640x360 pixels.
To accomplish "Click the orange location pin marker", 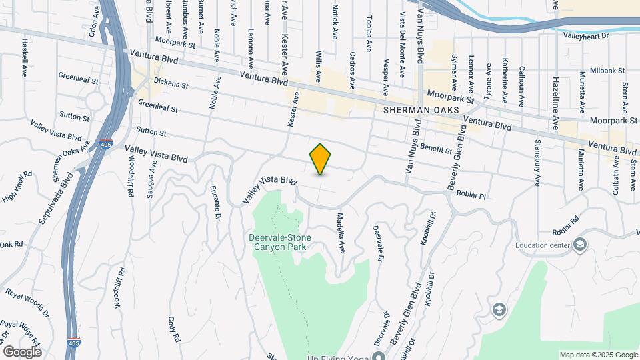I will tap(321, 159).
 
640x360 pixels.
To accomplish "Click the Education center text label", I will tap(543, 245).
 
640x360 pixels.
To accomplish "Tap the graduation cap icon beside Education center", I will tap(579, 245).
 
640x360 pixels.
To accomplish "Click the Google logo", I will tap(22, 351).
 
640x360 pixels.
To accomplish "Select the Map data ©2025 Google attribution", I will tap(598, 354).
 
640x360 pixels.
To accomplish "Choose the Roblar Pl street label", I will tap(472, 194).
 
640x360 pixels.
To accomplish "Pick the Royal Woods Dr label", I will tap(27, 302).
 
